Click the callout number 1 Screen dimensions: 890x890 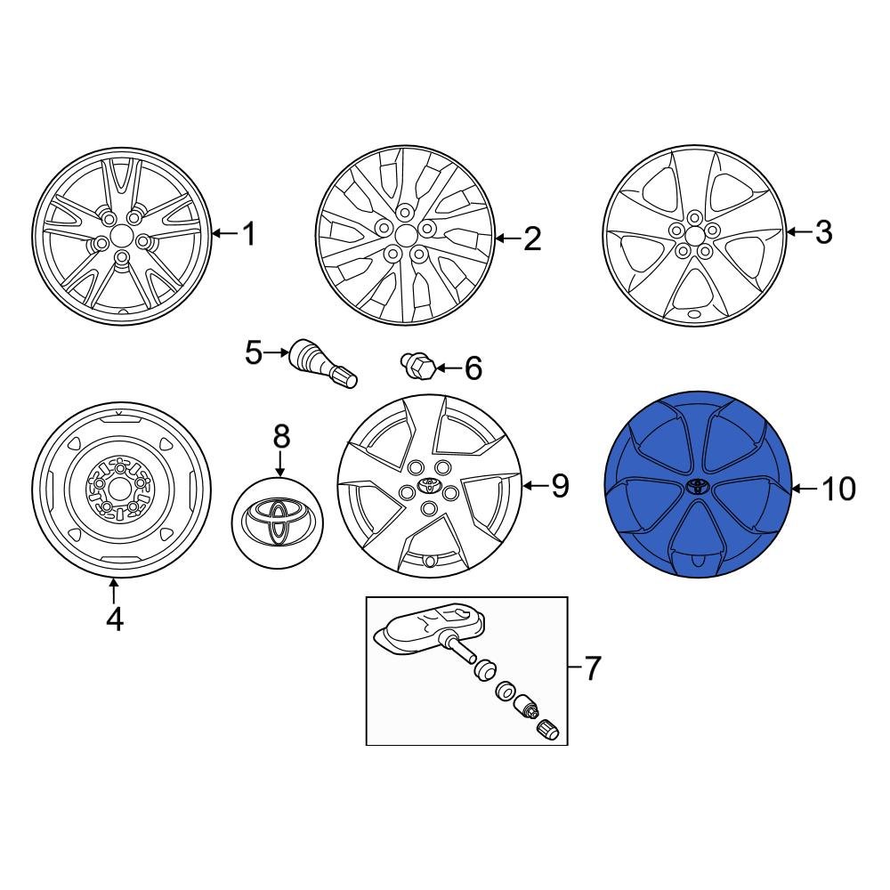[248, 235]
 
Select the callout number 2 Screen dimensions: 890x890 [532, 239]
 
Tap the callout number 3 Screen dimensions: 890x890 [823, 232]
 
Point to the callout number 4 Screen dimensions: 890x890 [114, 619]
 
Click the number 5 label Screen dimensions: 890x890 [254, 353]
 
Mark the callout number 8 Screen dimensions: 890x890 [280, 436]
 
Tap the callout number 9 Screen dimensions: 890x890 [559, 485]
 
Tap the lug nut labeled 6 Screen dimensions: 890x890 [419, 366]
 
